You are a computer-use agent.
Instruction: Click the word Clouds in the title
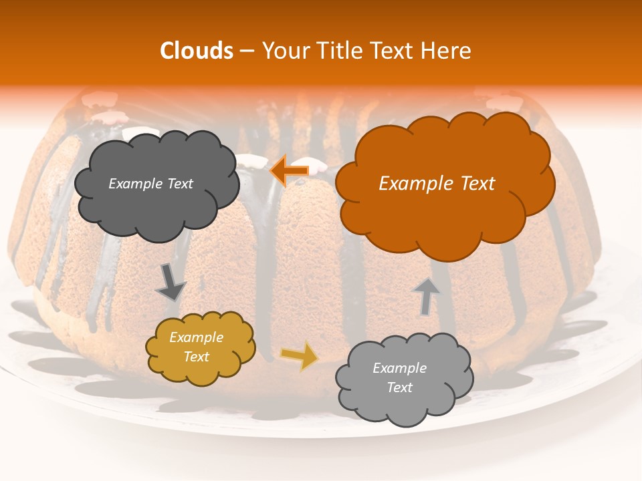(196, 51)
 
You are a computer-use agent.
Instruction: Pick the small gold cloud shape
(200, 347)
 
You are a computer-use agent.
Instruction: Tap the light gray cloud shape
(404, 378)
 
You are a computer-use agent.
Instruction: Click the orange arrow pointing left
(289, 170)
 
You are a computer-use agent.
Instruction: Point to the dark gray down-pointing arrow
(171, 282)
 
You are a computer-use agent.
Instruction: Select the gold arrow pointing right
(298, 356)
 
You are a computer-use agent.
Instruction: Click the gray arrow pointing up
(426, 295)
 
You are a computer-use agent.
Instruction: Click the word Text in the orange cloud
(475, 184)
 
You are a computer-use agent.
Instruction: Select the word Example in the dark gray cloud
(135, 184)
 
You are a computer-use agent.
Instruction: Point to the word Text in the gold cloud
(197, 357)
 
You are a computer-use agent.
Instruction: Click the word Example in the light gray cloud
(399, 368)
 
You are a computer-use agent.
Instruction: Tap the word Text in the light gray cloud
(399, 387)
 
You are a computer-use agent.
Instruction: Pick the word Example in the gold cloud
(196, 337)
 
